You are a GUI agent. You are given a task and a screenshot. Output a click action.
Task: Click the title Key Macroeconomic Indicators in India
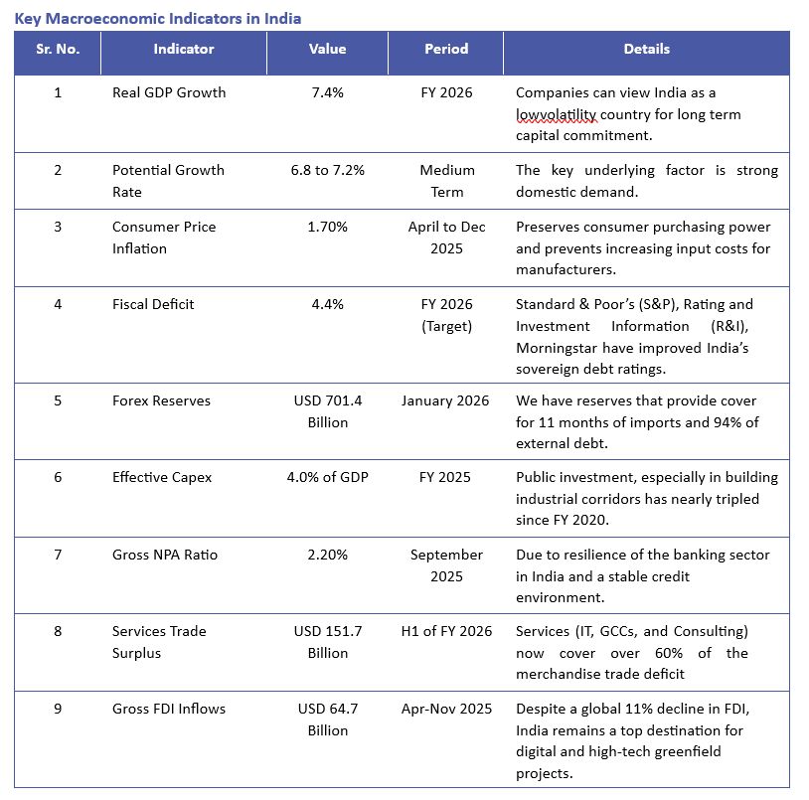tap(158, 18)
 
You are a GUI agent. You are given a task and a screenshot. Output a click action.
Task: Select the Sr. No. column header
tap(58, 49)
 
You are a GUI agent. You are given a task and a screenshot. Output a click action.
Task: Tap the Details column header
tap(646, 49)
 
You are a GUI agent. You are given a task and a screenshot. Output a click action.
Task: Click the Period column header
tap(446, 49)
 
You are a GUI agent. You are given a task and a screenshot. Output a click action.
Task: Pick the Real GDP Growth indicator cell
tap(169, 92)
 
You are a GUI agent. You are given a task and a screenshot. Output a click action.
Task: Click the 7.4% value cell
tap(327, 92)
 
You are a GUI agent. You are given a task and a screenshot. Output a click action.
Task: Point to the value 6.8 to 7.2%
tap(327, 170)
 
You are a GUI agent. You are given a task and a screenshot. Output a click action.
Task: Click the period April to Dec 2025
tap(446, 238)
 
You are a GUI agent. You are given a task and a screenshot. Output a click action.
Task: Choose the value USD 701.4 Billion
tap(327, 411)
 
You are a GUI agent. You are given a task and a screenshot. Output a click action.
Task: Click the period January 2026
tap(445, 400)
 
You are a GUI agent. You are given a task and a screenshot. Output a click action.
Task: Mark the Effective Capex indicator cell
tap(162, 477)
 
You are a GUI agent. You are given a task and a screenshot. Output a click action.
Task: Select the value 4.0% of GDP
tap(327, 477)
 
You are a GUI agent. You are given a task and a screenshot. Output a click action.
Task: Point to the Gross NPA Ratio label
tap(165, 555)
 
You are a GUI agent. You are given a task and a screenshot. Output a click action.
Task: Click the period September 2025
tap(446, 565)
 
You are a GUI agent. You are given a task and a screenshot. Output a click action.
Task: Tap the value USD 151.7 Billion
tap(327, 642)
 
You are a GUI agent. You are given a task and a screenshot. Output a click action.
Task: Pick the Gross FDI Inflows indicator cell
tap(169, 709)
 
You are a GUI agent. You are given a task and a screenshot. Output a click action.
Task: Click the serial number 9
tap(58, 709)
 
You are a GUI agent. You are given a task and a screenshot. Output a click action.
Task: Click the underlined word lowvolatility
tap(557, 114)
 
